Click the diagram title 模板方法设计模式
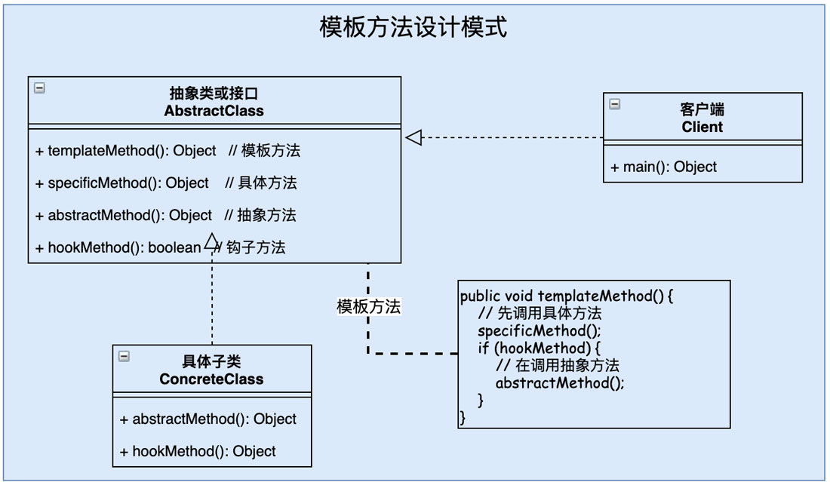point(413,28)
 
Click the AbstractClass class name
point(214,111)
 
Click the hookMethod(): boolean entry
point(118,248)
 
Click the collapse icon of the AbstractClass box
point(40,88)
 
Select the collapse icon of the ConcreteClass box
point(124,357)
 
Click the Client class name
point(702,127)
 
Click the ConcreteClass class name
point(211,379)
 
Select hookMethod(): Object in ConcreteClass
point(198,452)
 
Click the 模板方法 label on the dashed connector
point(368,307)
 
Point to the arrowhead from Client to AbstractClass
point(413,137)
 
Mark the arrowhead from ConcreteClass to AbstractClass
point(212,240)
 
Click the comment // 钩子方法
point(251,248)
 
